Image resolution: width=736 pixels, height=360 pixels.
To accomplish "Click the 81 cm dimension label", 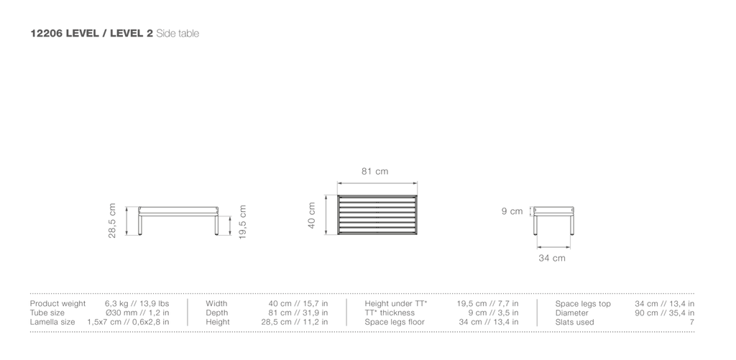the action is (374, 171).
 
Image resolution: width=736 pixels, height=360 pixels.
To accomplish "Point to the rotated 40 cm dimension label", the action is (312, 216).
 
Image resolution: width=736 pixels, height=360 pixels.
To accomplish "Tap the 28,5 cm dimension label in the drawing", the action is (112, 221).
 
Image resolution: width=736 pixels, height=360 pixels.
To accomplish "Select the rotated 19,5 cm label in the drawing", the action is (242, 222).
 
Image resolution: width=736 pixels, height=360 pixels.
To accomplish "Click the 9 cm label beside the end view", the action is (512, 211).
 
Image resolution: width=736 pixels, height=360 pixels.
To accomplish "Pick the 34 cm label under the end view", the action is (551, 258).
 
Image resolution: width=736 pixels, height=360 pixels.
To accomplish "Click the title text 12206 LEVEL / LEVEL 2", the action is (91, 33).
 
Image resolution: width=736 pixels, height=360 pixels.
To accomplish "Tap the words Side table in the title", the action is (178, 33).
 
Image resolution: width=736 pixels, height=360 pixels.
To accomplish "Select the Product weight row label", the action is (57, 304).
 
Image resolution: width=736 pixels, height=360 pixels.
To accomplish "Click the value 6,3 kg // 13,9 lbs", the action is (137, 304).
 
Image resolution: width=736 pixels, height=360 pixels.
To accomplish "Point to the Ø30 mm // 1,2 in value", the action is (137, 313).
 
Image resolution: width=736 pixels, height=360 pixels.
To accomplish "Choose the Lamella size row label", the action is (52, 322).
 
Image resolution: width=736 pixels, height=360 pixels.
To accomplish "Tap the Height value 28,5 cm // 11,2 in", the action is (294, 322).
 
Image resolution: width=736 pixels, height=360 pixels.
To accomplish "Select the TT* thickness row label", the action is (390, 313).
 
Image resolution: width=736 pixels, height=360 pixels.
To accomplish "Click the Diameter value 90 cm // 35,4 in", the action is (665, 313).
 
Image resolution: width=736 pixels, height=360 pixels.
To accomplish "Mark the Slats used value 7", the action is (692, 322).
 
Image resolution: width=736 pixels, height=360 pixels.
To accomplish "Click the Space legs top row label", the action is (583, 304).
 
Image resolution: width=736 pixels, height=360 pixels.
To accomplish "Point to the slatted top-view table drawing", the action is (377, 215).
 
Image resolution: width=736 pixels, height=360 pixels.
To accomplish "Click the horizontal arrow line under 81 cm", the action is (377, 183).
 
